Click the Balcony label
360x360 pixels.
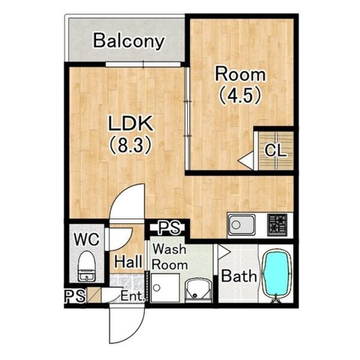click(129, 41)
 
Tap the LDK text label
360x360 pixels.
click(130, 124)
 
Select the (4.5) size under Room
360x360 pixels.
click(240, 95)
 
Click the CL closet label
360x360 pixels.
click(276, 150)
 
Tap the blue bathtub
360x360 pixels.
click(276, 274)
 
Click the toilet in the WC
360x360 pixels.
click(87, 265)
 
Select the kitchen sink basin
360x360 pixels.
click(241, 225)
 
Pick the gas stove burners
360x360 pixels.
click(277, 224)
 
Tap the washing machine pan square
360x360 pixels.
click(165, 288)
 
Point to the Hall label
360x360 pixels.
click(128, 262)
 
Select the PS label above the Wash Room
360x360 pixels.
click(170, 227)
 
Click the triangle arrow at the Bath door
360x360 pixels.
click(224, 252)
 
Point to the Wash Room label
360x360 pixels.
click(170, 257)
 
